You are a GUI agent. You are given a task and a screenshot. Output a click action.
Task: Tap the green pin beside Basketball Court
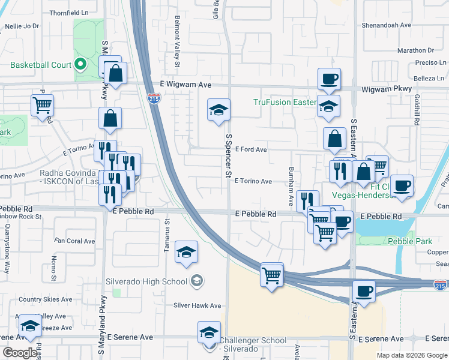pyautogui.click(x=80, y=65)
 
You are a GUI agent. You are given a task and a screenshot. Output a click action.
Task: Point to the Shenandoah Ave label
pyautogui.click(x=387, y=25)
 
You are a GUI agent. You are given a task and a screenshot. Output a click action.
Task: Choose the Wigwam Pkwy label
pyautogui.click(x=387, y=89)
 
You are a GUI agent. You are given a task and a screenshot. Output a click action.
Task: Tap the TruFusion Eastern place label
pyautogui.click(x=285, y=102)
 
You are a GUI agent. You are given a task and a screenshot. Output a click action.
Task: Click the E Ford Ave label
pyautogui.click(x=250, y=149)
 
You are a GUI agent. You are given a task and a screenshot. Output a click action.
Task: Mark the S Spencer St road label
pyautogui.click(x=229, y=156)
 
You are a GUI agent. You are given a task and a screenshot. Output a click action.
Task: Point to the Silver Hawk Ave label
pyautogui.click(x=197, y=305)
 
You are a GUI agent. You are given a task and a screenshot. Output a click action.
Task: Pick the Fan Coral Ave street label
pyautogui.click(x=74, y=241)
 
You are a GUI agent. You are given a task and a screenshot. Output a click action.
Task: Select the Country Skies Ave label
pyautogui.click(x=46, y=299)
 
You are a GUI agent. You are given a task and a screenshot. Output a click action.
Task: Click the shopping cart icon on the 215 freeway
pyautogui.click(x=272, y=275)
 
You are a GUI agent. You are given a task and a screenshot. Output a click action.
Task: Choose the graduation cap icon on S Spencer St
pyautogui.click(x=218, y=110)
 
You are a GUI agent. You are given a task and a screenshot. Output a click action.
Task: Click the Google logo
pyautogui.click(x=20, y=353)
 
